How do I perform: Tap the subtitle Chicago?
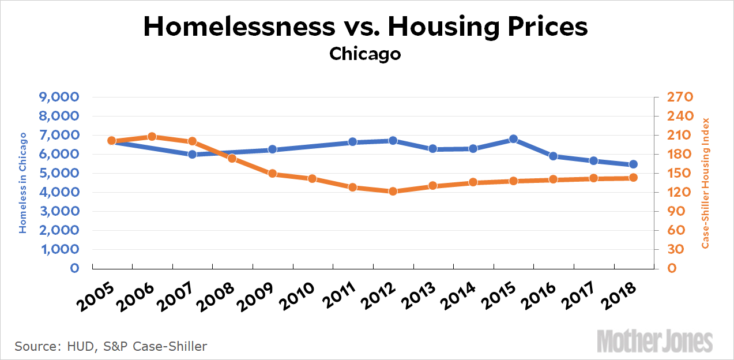click(x=365, y=54)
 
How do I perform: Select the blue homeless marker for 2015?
click(x=513, y=139)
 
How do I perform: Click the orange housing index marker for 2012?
click(x=393, y=191)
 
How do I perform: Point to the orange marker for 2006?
click(x=152, y=137)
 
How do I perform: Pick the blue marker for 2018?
click(x=633, y=164)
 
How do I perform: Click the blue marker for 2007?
click(x=193, y=154)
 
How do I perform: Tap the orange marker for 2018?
click(x=633, y=178)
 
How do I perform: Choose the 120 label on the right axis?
click(x=671, y=192)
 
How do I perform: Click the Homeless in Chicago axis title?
click(x=23, y=182)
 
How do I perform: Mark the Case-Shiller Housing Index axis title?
click(x=705, y=183)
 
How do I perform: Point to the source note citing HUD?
click(x=110, y=346)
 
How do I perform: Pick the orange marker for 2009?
click(x=273, y=174)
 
